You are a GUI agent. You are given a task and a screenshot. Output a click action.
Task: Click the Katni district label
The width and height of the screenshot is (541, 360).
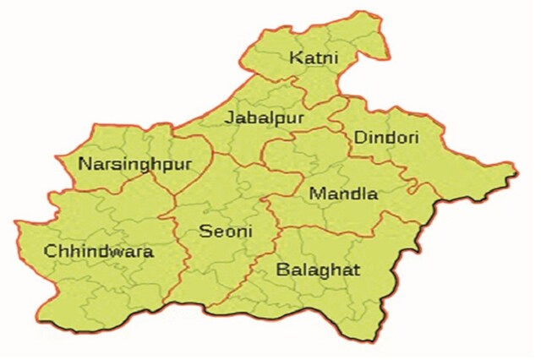(313, 58)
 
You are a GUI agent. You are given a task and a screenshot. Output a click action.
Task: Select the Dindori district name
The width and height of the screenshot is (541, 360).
(386, 136)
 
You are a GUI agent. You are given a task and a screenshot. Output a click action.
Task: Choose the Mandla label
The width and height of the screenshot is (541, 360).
(343, 194)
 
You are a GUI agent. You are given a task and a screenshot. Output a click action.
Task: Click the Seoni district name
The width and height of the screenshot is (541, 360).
(225, 230)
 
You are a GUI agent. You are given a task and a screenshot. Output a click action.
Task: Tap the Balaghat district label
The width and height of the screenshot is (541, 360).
(318, 270)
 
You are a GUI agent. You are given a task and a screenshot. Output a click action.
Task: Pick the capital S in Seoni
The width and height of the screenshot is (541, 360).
(205, 230)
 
